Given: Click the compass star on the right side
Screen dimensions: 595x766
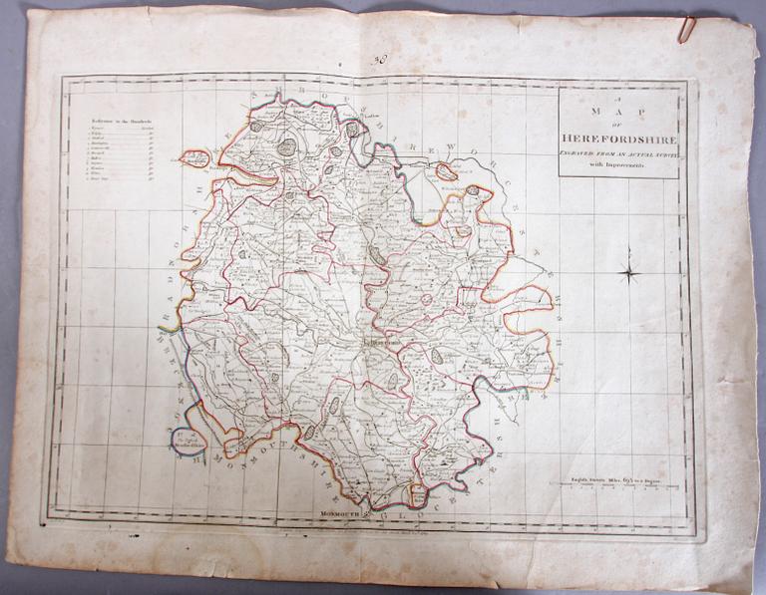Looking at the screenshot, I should click(630, 270).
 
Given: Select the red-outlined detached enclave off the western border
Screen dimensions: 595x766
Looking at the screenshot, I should click(196, 157).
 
